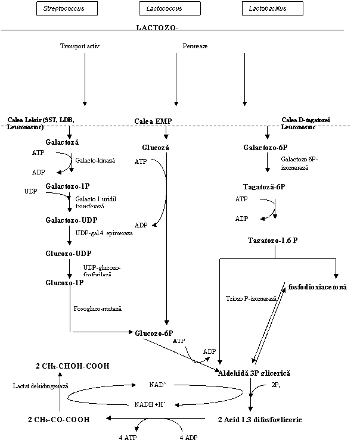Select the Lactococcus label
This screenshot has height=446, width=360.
pos(164,9)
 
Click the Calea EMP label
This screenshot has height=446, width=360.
pos(153,121)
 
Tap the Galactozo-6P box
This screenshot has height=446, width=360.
pos(266,147)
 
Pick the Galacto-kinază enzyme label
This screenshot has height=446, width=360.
pos(95,161)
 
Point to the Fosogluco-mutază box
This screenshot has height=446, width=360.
pos(103,310)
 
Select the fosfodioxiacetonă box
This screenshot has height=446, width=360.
pos(322,287)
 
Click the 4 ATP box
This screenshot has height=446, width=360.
pos(128,438)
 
